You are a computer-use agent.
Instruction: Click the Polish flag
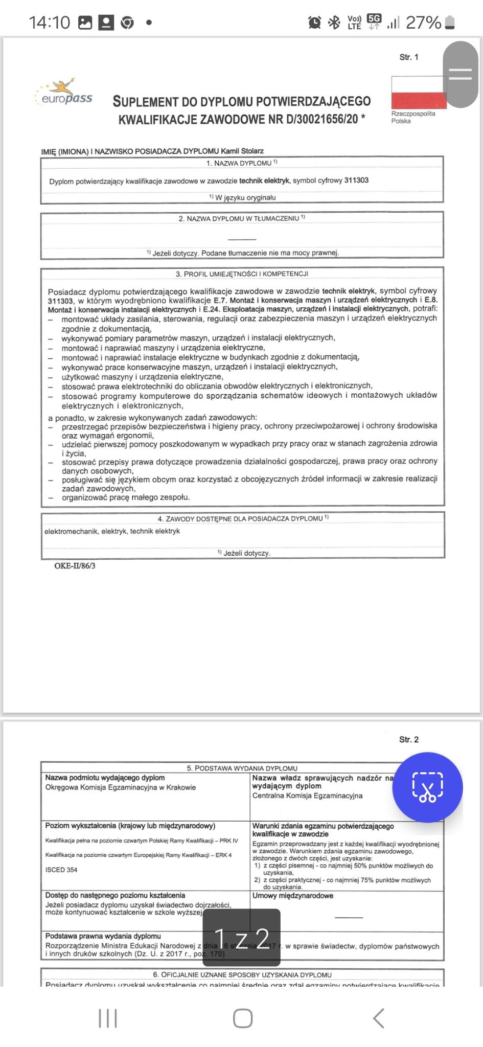(418, 93)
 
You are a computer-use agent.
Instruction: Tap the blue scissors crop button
(427, 787)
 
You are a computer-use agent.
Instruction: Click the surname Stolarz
(253, 151)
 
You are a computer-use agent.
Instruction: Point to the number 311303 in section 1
(356, 180)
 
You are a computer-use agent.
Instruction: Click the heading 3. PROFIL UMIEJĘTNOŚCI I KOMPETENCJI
(242, 274)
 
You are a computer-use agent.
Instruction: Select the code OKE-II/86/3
(75, 566)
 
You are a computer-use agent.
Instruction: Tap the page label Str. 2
(408, 739)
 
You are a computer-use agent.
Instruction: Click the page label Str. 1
(408, 57)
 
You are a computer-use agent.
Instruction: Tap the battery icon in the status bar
(450, 22)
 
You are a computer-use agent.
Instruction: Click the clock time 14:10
(50, 22)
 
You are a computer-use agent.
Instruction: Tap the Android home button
(242, 1018)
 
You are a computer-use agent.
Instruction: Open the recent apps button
(108, 1018)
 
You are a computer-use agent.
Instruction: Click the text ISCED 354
(61, 870)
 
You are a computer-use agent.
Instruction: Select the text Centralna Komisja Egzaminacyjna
(307, 795)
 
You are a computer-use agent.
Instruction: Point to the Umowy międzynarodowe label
(293, 895)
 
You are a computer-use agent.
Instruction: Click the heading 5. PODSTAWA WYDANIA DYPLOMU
(242, 768)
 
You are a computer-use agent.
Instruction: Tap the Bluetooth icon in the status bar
(334, 22)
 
